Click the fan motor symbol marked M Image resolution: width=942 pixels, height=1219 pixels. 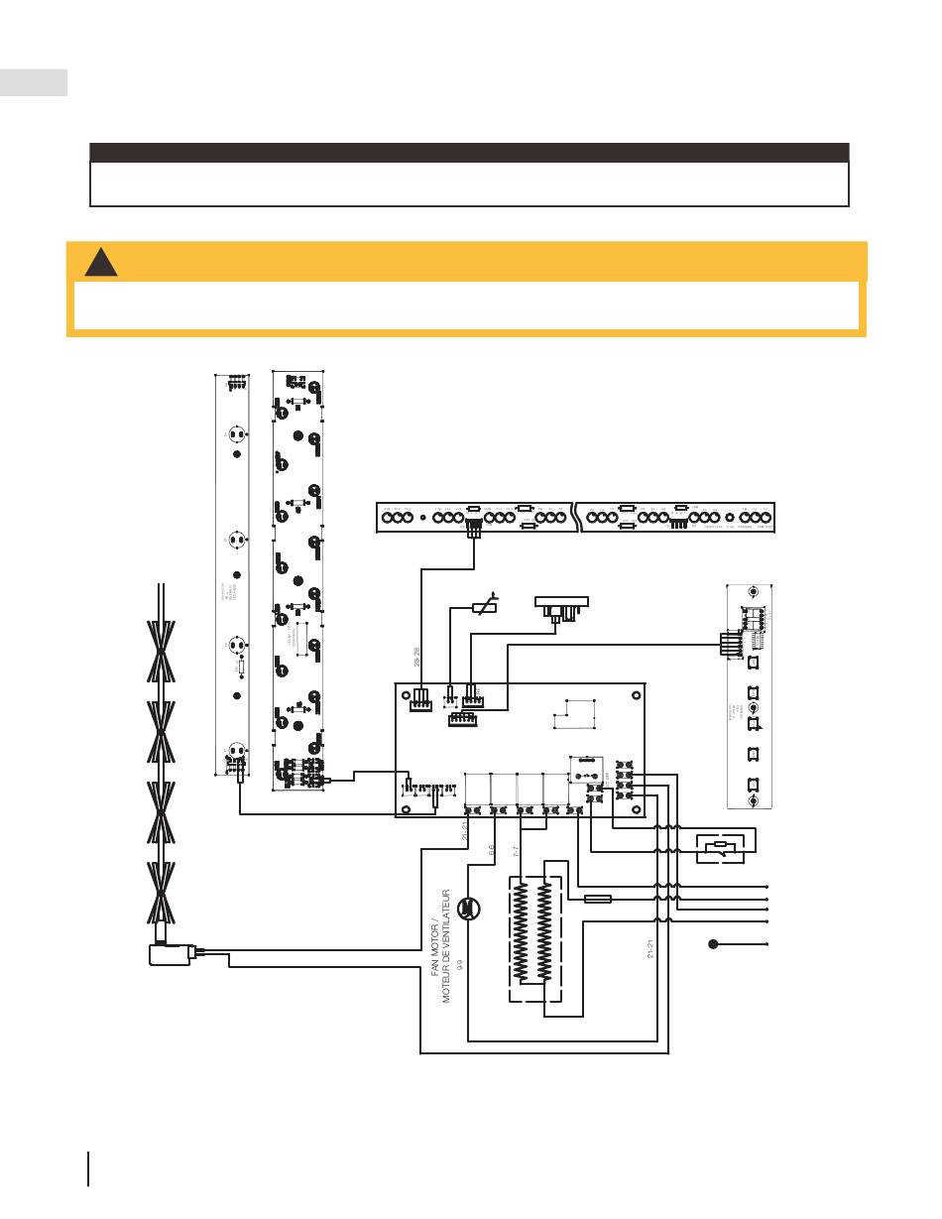(x=470, y=911)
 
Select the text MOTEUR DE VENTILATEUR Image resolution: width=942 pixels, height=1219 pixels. (x=448, y=947)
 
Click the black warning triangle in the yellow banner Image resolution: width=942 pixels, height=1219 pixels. (x=100, y=262)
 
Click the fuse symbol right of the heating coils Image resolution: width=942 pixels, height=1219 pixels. (x=598, y=900)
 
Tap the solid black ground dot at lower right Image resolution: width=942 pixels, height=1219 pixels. (x=713, y=943)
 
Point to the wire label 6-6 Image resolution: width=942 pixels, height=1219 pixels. (x=491, y=851)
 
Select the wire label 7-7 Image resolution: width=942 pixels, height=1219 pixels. (x=517, y=851)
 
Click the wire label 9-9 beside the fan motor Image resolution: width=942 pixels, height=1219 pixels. (x=461, y=961)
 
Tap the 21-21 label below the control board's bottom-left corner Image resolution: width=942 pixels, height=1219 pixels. (x=465, y=831)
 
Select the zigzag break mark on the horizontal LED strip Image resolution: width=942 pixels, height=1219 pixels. (x=577, y=517)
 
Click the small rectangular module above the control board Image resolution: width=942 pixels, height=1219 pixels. (x=561, y=604)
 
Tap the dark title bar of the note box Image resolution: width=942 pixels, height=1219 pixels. (x=469, y=153)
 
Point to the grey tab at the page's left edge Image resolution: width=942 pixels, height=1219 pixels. (x=33, y=82)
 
